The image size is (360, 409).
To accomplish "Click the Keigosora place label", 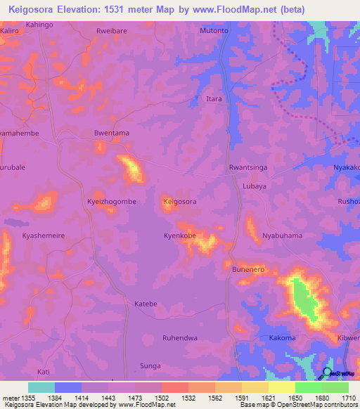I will tap(179, 202).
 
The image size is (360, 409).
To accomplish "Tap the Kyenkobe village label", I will tap(179, 236).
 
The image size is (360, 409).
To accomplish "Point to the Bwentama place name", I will tap(111, 133).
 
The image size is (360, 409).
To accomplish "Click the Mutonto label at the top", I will tap(214, 32).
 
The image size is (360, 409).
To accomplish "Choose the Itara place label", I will tap(214, 99).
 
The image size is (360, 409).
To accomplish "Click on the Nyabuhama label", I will tap(282, 236).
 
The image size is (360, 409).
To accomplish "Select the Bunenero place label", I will tap(248, 269).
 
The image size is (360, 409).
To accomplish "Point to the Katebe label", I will tap(146, 304).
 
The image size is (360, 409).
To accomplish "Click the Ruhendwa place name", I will tap(179, 338).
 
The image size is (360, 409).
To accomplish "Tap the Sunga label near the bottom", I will tap(150, 366).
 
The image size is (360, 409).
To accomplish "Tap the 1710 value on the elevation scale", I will tap(347, 398).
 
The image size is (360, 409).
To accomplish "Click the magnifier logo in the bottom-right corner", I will tap(327, 372).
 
